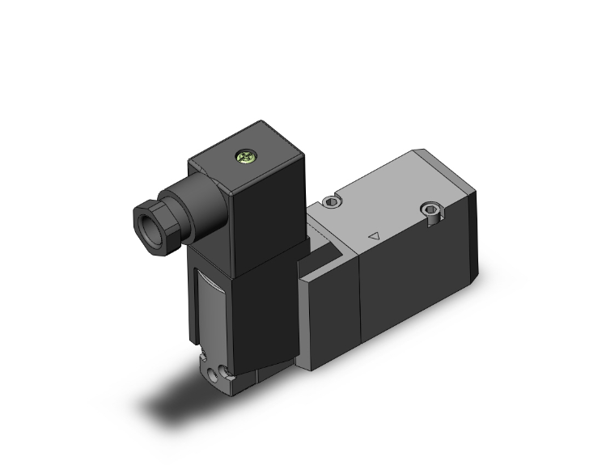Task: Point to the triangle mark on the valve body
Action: pos(373,236)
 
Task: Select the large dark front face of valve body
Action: pos(405,299)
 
